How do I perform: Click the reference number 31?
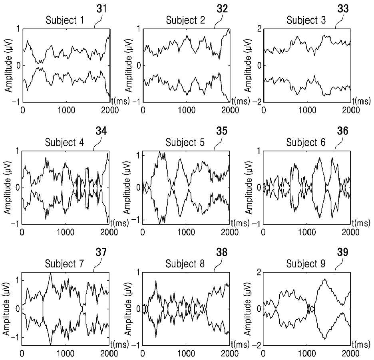pos(101,9)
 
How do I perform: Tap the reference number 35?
pos(222,131)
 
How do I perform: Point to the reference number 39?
pos(343,252)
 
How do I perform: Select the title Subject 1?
pos(65,20)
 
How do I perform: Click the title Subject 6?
pos(306,142)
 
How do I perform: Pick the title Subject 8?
pos(185,264)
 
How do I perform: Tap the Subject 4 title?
pos(64,142)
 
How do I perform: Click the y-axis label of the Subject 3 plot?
pos(248,65)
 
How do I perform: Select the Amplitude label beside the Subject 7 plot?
pos(7,309)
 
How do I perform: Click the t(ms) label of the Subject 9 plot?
pos(361,344)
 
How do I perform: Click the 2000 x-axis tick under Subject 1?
pos(110,110)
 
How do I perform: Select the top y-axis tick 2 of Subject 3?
pos(259,29)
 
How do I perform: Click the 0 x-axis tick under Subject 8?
pos(143,354)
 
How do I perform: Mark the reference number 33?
pos(343,9)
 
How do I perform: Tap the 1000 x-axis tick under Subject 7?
pos(66,354)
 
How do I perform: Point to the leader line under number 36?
pos(339,143)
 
